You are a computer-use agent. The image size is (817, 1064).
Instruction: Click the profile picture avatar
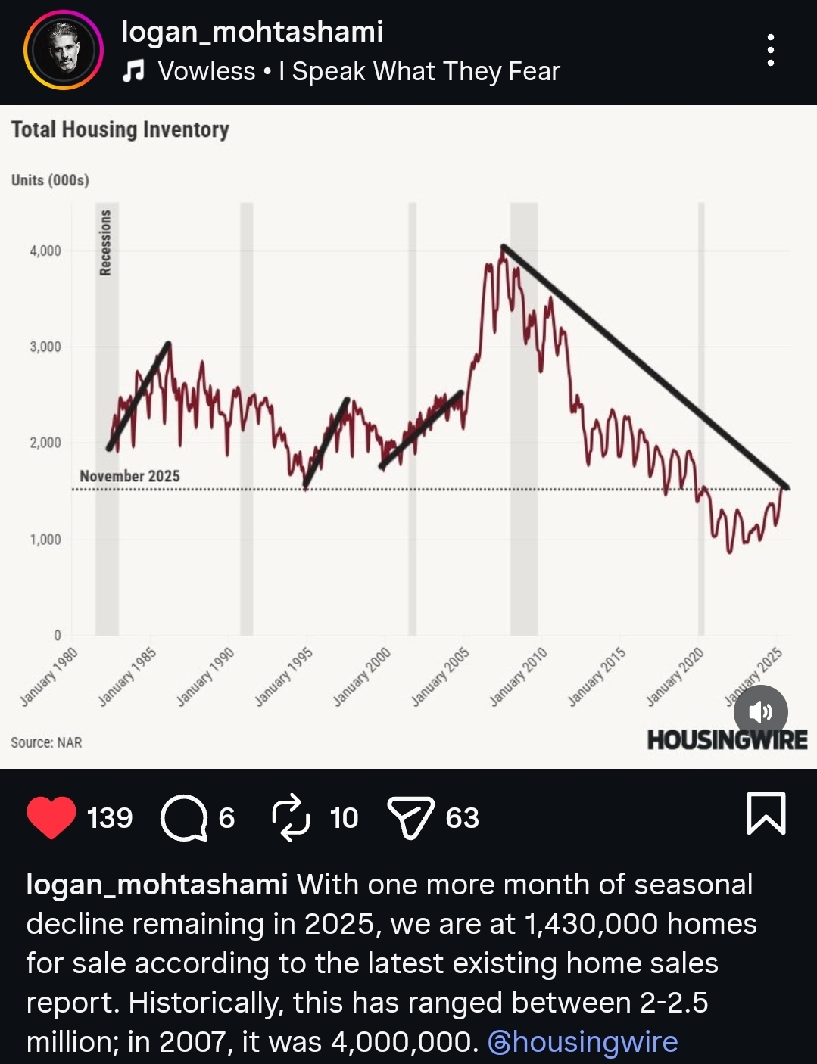[x=64, y=51]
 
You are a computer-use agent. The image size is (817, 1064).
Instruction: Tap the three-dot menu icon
[x=770, y=51]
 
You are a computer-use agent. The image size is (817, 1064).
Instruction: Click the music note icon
[x=133, y=71]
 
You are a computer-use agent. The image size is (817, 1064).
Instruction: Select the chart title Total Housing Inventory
[x=120, y=130]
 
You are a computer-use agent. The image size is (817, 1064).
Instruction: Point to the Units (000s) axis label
[x=50, y=180]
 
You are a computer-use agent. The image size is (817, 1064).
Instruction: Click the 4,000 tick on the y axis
[x=45, y=250]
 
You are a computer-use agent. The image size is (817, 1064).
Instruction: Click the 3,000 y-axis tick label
[x=45, y=347]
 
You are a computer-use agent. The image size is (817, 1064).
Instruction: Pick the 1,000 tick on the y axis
[x=45, y=540]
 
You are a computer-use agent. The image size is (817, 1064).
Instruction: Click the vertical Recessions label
[x=106, y=242]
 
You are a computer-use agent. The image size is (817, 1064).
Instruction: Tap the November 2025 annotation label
[x=129, y=476]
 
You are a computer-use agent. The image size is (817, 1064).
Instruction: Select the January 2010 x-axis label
[x=519, y=677]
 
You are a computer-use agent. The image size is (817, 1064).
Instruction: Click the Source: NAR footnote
[x=46, y=742]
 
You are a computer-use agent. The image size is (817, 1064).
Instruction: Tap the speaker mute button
[x=760, y=712]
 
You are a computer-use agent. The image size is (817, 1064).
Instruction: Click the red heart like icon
[x=51, y=817]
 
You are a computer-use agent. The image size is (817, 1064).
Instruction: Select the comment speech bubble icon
[x=184, y=818]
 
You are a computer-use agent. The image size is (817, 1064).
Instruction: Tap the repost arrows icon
[x=291, y=818]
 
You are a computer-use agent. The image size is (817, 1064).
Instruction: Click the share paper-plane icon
[x=410, y=818]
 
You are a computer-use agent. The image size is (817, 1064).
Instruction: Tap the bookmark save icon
[x=766, y=814]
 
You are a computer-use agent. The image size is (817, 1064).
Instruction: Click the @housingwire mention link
[x=583, y=1042]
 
